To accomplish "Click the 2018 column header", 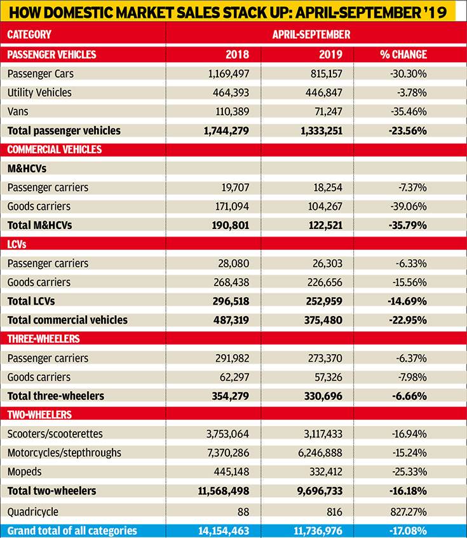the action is pos(237,55).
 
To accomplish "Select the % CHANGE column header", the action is pos(403,55).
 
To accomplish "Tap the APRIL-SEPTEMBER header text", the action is pos(311,34).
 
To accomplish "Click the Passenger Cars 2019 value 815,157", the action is pos(327,74).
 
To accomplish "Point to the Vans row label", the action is pos(18,111).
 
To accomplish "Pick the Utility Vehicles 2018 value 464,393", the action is pos(231,93).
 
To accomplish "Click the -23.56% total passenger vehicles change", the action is pos(408,131).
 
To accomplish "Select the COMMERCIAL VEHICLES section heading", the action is pos(55,149).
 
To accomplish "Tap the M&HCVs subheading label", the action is pos(27,169).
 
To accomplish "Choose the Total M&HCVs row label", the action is pos(40,225).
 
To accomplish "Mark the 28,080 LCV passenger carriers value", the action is pos(234,263).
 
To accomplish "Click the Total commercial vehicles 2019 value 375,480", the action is pos(323,320).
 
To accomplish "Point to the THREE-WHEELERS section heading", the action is pos(44,339).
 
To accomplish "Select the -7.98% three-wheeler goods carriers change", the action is pos(412,377).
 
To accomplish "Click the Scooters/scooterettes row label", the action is pos(55,434).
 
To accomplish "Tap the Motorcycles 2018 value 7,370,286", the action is pos(228,453).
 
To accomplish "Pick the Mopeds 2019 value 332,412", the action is pos(326,472).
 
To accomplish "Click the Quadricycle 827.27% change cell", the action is pos(409,511).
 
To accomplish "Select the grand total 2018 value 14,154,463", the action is pos(224,531).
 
